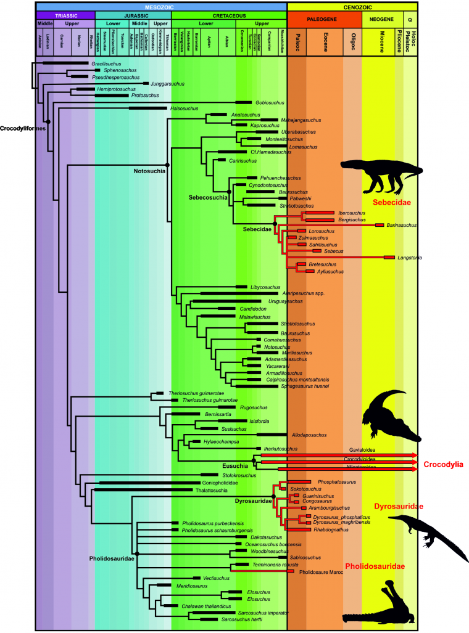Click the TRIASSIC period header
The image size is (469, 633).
pyautogui.click(x=65, y=15)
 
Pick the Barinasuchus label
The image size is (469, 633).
pyautogui.click(x=402, y=226)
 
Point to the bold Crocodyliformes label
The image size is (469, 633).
pyautogui.click(x=22, y=128)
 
